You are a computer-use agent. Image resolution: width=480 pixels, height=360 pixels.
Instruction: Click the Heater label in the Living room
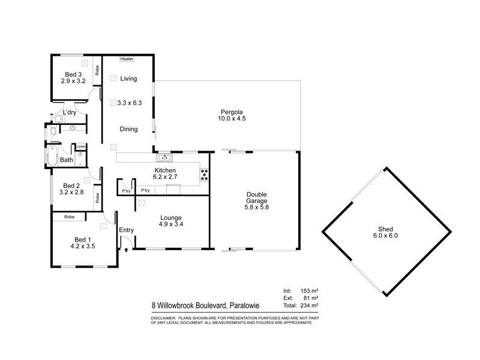click(x=127, y=59)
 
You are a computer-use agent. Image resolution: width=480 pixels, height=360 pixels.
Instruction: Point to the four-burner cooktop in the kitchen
click(x=204, y=176)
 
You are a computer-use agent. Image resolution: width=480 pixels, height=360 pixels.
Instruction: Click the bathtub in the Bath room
click(x=52, y=156)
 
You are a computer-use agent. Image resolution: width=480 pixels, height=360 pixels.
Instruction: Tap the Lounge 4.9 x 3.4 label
click(x=171, y=221)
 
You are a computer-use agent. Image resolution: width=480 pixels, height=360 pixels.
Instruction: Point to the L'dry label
click(x=70, y=112)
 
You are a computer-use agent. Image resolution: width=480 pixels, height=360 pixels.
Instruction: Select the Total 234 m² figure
click(x=308, y=305)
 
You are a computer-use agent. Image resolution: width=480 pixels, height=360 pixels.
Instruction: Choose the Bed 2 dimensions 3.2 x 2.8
click(x=71, y=193)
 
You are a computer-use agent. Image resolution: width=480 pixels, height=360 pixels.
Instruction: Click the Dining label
click(x=128, y=129)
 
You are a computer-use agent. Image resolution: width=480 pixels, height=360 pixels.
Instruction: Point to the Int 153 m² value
click(x=308, y=290)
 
